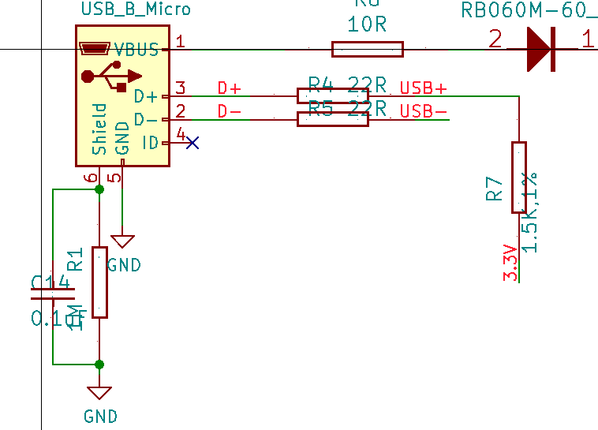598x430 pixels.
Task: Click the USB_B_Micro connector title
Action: click(x=136, y=10)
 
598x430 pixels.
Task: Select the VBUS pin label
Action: click(x=137, y=49)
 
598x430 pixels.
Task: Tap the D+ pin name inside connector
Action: click(x=146, y=96)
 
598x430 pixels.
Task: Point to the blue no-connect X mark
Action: click(x=192, y=143)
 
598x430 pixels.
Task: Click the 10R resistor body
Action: click(x=367, y=50)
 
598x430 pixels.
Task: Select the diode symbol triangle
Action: click(x=539, y=49)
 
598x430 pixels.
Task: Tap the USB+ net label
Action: click(x=423, y=88)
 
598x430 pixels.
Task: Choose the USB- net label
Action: click(x=423, y=111)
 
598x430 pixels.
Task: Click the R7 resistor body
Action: click(x=518, y=177)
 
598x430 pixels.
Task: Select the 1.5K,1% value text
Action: click(x=530, y=211)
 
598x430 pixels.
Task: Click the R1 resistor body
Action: click(x=99, y=282)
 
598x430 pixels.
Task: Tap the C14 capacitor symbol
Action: click(x=52, y=294)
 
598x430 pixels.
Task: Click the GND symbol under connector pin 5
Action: click(x=122, y=241)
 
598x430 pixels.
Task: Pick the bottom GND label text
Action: click(x=100, y=417)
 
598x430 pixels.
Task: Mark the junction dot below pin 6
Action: click(x=99, y=189)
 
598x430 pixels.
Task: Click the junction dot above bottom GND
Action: click(x=99, y=365)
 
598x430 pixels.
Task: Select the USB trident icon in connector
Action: click(x=110, y=77)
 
